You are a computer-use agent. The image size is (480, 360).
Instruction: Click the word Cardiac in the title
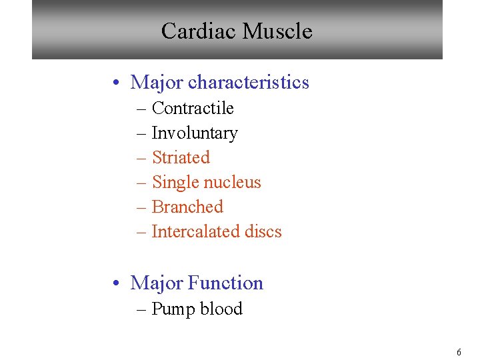tap(199, 31)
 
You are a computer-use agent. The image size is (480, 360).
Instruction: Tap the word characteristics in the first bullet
tap(249, 83)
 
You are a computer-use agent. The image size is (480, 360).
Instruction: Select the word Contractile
tap(193, 108)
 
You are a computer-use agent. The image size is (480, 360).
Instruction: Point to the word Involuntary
tap(194, 133)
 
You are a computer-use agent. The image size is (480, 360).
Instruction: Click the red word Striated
tap(181, 157)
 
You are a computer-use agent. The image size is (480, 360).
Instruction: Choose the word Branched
tap(187, 207)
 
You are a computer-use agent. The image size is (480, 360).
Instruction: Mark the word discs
tap(263, 231)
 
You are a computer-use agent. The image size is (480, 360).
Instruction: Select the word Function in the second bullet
tap(225, 283)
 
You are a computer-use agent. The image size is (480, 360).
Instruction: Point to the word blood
tap(221, 309)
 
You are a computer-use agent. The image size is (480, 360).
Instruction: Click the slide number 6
tap(459, 352)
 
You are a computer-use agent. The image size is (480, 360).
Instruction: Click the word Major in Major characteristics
tap(157, 83)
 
